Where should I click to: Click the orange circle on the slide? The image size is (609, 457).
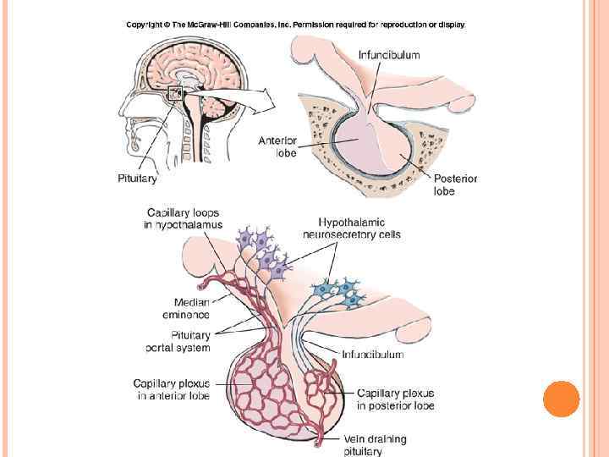click(x=561, y=399)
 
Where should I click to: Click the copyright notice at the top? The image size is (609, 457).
click(x=295, y=25)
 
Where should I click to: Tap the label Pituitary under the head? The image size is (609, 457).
click(x=136, y=179)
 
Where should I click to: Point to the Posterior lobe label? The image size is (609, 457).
click(x=455, y=184)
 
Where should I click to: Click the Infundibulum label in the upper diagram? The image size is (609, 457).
click(x=389, y=55)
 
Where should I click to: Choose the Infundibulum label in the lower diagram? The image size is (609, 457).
click(x=372, y=355)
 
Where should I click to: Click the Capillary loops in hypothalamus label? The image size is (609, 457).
click(x=185, y=218)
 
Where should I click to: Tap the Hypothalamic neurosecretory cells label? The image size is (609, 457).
click(x=352, y=228)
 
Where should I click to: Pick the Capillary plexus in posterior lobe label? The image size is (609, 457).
click(x=395, y=399)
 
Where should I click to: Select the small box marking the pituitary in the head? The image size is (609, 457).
click(x=175, y=94)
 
